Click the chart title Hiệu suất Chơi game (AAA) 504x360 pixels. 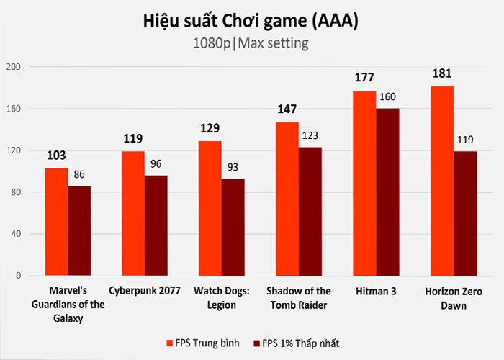click(251, 21)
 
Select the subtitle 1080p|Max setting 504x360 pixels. click(251, 43)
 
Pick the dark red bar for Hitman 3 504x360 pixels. click(387, 192)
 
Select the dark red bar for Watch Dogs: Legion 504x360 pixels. click(233, 227)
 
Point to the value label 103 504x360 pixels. click(57, 155)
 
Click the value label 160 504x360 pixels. click(388, 97)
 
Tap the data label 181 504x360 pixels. click(442, 73)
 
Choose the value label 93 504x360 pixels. click(234, 167)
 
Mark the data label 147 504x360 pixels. click(287, 109)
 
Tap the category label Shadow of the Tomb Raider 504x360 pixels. click(299, 297)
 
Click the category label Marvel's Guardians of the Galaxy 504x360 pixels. click(68, 305)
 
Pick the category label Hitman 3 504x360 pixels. click(375, 291)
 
